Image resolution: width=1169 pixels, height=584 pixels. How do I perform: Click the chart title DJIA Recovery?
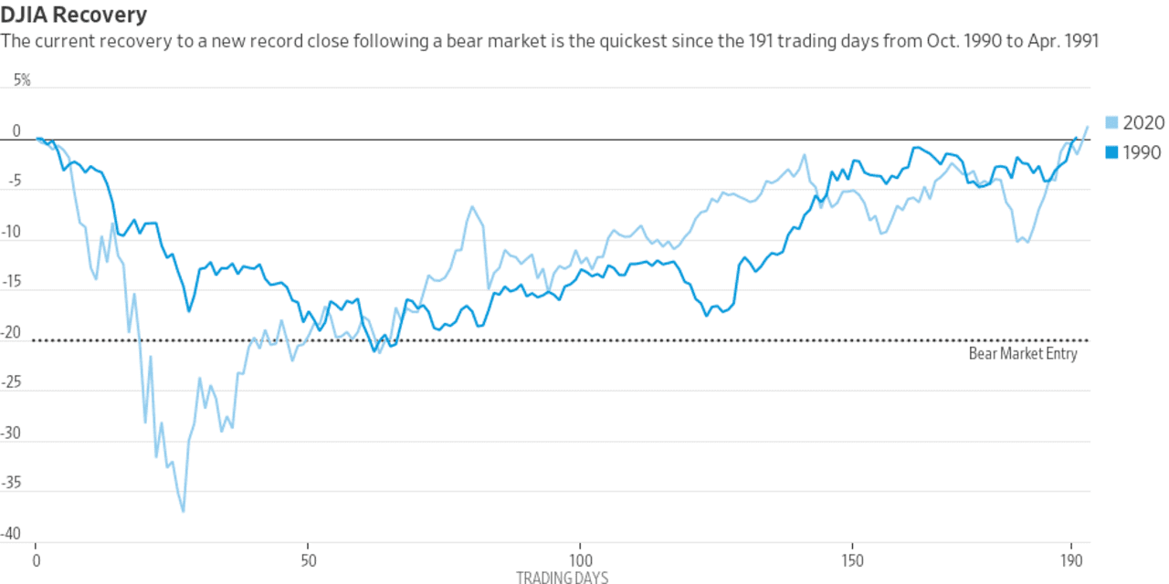pos(75,16)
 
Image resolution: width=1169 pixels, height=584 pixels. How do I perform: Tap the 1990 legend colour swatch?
pos(1111,152)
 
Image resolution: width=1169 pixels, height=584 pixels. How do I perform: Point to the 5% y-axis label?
pos(21,80)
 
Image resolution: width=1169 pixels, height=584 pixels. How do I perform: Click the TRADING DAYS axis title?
pos(562,577)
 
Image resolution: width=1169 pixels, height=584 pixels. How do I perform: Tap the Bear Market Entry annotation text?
pos(1023,354)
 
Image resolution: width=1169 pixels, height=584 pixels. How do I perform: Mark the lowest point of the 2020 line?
pos(184,512)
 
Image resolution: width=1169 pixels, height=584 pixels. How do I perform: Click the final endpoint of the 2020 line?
pos(1087,127)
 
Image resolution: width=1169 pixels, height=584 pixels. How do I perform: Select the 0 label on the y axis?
pos(16,132)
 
